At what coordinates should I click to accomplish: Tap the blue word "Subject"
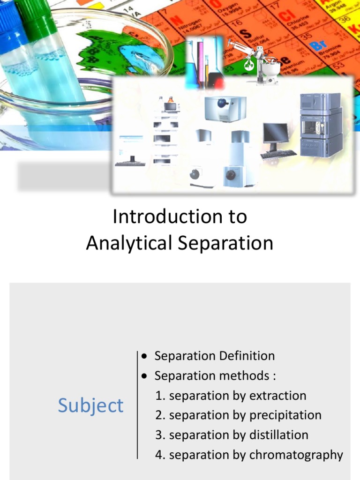pyautogui.click(x=90, y=405)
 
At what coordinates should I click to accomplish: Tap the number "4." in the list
pyautogui.click(x=161, y=455)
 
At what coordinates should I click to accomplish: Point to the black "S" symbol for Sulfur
pyautogui.click(x=244, y=34)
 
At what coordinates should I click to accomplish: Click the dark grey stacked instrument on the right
pyautogui.click(x=321, y=125)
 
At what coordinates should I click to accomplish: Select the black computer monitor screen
pyautogui.click(x=275, y=133)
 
